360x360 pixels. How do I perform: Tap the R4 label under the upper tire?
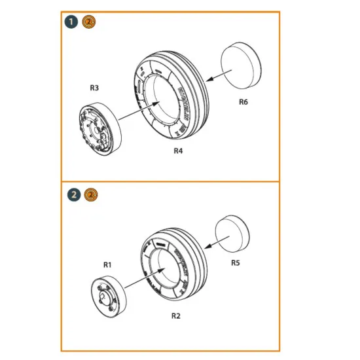coord(179,151)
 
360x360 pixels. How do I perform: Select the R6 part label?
coord(243,102)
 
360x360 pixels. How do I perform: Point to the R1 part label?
coord(108,264)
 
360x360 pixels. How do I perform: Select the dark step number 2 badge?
coord(73,194)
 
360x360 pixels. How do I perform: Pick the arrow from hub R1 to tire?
coord(140,281)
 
